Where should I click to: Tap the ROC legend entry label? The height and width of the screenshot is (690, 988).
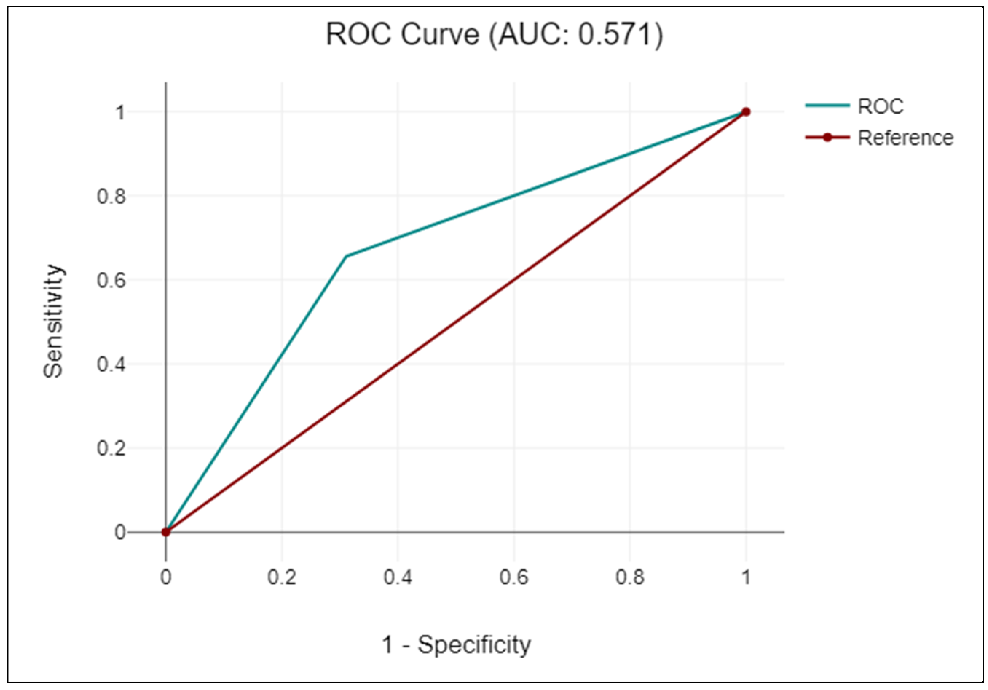point(881,106)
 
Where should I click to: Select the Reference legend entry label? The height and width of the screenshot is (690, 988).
point(905,138)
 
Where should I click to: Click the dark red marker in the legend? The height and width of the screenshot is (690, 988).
point(827,138)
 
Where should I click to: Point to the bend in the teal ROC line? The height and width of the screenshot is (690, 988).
point(346,256)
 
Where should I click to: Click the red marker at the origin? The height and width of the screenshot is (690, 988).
point(166,532)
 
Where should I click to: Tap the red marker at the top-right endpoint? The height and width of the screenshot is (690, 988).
point(746,112)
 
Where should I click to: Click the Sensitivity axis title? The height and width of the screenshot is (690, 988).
point(54,322)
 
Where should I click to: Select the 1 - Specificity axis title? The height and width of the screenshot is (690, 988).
point(457,644)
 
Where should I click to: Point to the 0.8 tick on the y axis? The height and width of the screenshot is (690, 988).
point(111,197)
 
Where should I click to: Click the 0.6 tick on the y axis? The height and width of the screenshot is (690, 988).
point(111,280)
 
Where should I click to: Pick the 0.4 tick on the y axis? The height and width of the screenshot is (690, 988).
point(111,365)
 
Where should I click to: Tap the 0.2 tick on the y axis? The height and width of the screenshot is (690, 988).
point(111,449)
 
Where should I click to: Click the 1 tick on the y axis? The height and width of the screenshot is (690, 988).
point(120,113)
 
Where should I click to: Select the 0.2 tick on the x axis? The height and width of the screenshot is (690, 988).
point(282,577)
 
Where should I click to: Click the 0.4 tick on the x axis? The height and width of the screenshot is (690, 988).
point(398,577)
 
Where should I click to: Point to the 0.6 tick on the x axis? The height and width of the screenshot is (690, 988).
point(514,577)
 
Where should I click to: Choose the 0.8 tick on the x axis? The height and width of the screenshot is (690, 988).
point(630,577)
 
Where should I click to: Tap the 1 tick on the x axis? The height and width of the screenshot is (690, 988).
point(746,577)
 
